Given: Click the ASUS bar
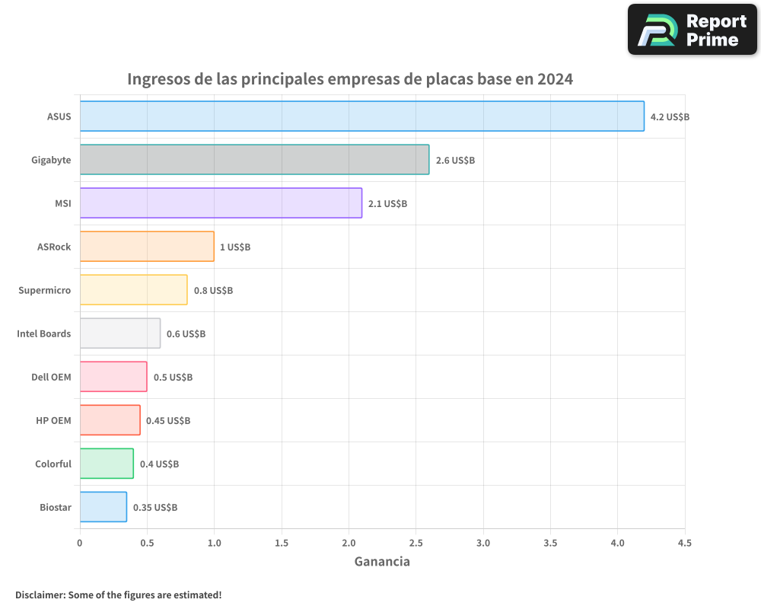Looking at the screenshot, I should point(361,116).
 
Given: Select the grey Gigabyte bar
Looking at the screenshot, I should point(254,160).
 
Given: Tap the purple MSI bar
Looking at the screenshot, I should point(221,203).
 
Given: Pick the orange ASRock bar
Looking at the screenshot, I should point(147,247).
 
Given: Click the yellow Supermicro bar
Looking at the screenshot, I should point(133,290).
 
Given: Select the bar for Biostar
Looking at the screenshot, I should point(103,507).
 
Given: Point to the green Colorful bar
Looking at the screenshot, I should point(107,464).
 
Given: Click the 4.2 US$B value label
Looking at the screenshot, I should point(670,117).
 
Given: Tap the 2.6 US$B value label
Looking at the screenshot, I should point(455,161).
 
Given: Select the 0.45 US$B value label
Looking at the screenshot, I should point(168,421).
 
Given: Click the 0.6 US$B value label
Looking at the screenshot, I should point(186,334).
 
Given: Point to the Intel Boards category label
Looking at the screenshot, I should point(44,333).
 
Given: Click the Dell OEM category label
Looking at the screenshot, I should point(51,377).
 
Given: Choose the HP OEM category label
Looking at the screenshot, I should point(53,420).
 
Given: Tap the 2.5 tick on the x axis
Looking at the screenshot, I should point(416,543).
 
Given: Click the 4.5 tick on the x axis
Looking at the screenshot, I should point(684,543).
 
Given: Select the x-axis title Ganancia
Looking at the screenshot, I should point(382,562).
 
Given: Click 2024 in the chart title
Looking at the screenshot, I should point(555,79).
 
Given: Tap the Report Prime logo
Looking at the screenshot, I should point(693,30).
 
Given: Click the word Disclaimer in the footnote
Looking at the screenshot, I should point(39,595).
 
